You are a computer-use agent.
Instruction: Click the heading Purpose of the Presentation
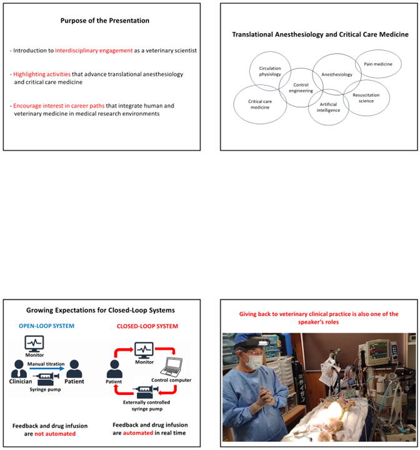click(105, 21)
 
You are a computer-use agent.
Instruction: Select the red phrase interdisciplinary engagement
click(94, 51)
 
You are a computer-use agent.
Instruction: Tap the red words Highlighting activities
click(42, 74)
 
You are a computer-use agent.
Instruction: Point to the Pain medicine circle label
click(378, 64)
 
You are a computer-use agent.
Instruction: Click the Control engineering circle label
click(301, 88)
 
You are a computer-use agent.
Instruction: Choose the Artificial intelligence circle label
click(328, 107)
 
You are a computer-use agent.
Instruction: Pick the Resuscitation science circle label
click(366, 98)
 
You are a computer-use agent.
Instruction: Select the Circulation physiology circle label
click(270, 71)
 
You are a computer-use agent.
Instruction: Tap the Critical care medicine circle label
click(260, 104)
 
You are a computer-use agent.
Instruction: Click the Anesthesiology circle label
click(337, 74)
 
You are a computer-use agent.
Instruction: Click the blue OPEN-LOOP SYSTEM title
click(46, 326)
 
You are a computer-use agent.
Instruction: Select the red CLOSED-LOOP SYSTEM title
click(147, 326)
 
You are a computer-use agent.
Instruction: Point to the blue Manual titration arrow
click(47, 369)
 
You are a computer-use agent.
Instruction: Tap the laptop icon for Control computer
click(172, 366)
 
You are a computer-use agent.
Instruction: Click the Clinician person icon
click(19, 369)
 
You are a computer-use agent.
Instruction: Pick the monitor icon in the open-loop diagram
click(34, 344)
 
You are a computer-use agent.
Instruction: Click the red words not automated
click(55, 434)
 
